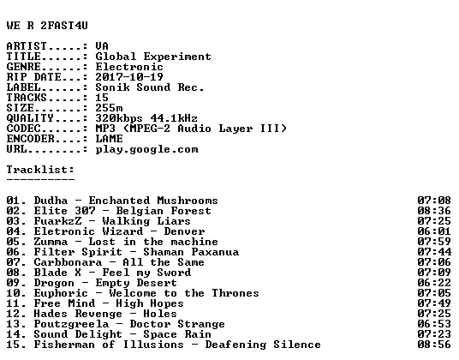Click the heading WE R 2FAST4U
(47, 26)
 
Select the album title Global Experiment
(153, 57)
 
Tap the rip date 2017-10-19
(129, 77)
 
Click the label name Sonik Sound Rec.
(149, 87)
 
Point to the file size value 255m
(110, 108)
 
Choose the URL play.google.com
(146, 150)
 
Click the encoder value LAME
(110, 139)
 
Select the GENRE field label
(24, 67)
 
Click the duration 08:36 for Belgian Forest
(434, 211)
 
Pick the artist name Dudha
(51, 201)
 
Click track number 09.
(14, 283)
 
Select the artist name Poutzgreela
(71, 324)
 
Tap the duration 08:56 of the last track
(434, 345)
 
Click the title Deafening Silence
(263, 345)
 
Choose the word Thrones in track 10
(235, 293)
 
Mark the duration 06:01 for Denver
(434, 231)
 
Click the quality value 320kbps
(119, 118)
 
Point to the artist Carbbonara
(68, 262)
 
